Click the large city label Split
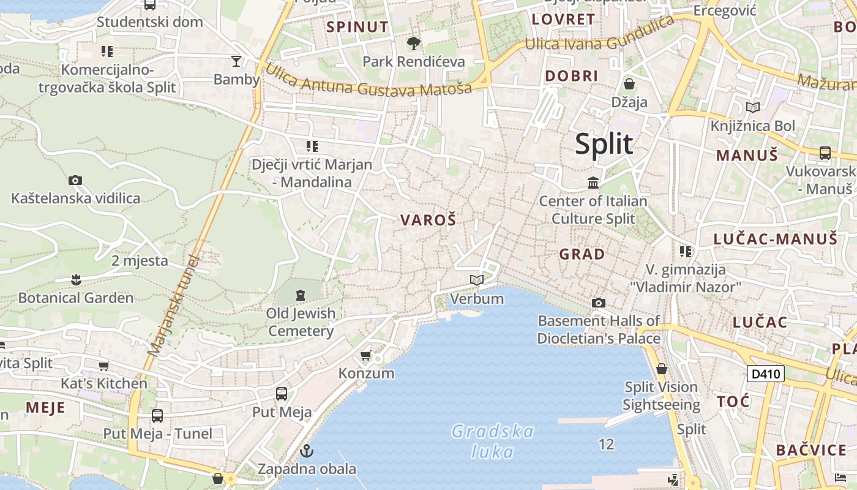(x=604, y=145)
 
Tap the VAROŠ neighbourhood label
(x=428, y=221)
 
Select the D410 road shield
(x=766, y=373)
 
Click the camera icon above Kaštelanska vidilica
(x=75, y=180)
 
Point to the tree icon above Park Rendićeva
(x=414, y=43)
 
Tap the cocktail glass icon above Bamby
(x=236, y=61)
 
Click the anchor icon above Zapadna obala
(x=307, y=451)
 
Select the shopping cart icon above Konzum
(x=366, y=355)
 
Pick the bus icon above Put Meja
(x=282, y=394)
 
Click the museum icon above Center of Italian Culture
(x=593, y=183)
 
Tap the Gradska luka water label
(x=493, y=442)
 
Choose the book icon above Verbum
(x=477, y=281)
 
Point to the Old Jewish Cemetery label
(x=301, y=322)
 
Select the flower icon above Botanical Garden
(x=76, y=280)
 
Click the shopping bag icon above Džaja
(x=629, y=84)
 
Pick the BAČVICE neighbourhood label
(x=811, y=450)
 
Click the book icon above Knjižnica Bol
(x=753, y=108)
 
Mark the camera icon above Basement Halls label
(x=599, y=303)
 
